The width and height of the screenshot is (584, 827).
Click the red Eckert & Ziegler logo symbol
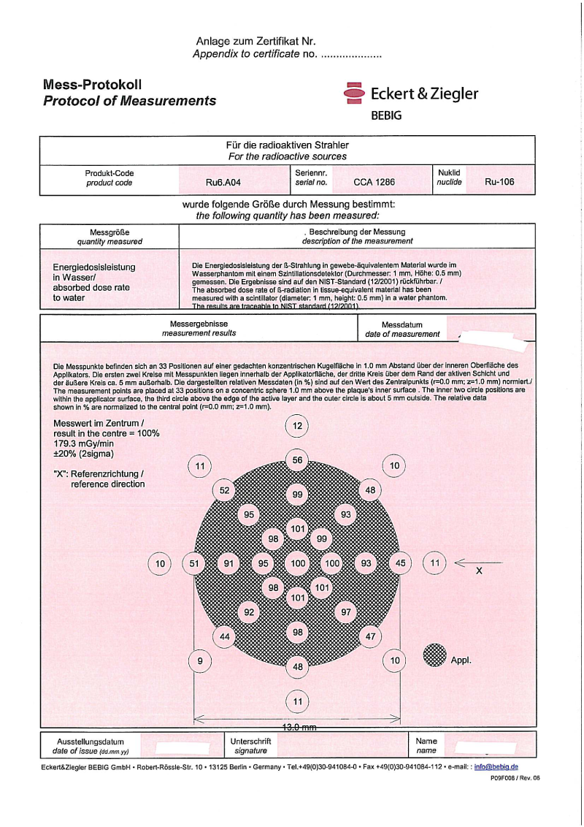354,94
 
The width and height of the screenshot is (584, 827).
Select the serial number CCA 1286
373,182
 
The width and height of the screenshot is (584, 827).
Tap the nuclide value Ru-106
499,182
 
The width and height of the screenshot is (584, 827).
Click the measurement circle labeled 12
297,426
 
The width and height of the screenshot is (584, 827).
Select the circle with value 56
297,460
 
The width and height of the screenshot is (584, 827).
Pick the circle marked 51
194,563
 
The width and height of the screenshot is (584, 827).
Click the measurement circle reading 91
229,563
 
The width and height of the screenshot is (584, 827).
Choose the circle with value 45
400,563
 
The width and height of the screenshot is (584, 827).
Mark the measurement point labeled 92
249,611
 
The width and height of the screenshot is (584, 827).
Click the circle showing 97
346,611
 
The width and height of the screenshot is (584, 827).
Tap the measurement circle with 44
225,636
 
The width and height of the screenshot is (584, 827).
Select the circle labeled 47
370,636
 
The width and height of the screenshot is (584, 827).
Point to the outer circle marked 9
199,661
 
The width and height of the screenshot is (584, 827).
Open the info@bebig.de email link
496,766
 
